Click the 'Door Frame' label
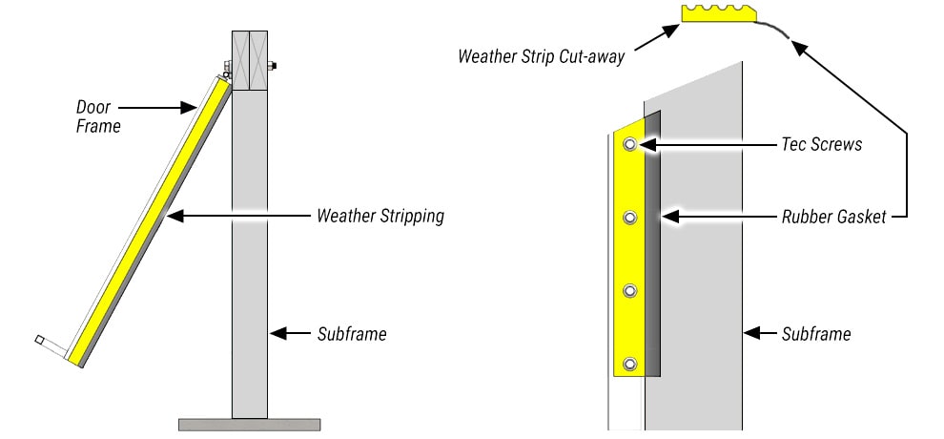[98, 116]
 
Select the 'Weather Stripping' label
[380, 216]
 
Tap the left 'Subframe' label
[351, 334]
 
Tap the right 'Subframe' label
[816, 334]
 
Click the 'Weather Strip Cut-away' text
[541, 56]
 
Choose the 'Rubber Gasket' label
[832, 218]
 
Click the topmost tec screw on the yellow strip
[629, 145]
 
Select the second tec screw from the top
[629, 219]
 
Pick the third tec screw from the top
[629, 291]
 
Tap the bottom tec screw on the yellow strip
[629, 364]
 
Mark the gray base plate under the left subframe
[249, 424]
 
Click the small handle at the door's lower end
[41, 340]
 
